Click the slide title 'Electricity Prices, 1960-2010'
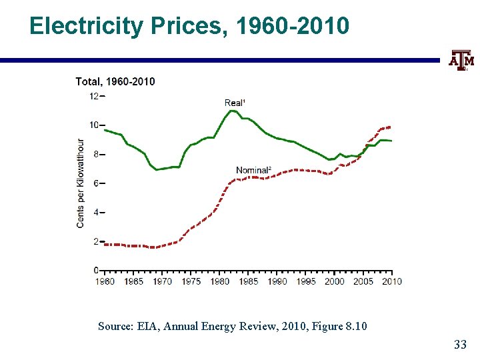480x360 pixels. point(189,26)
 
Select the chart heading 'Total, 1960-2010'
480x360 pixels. point(115,81)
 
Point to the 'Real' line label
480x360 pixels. point(235,103)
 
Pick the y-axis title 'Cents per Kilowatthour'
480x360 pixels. point(81,183)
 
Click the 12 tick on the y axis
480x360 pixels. point(94,96)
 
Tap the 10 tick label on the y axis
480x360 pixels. point(94,125)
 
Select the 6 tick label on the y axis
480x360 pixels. point(96,183)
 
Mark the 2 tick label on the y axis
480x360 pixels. point(96,241)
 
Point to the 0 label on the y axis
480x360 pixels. point(96,270)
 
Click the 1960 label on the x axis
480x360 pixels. point(105,281)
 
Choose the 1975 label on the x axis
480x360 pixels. point(191,281)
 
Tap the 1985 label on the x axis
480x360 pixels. point(249,281)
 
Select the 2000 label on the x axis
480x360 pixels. point(335,281)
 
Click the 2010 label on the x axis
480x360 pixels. point(392,281)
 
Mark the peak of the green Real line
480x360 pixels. point(231,111)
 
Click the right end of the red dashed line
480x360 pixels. point(391,127)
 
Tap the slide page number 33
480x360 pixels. point(459,345)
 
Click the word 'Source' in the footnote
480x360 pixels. point(115,326)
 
